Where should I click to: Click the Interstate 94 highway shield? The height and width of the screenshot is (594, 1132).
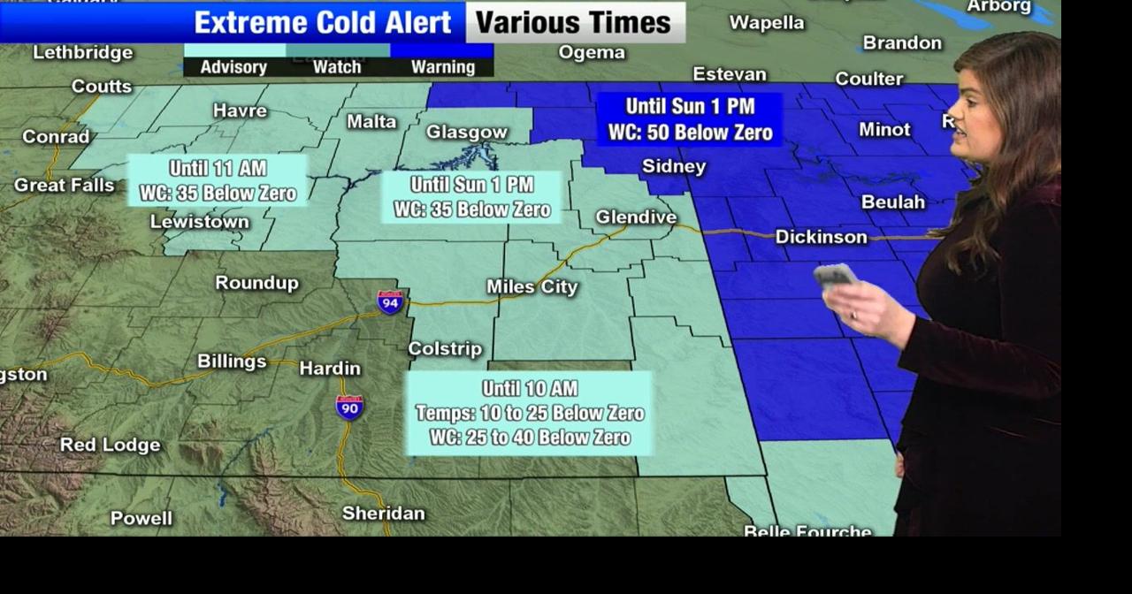pos(390,302)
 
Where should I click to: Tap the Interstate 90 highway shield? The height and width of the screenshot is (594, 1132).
pos(349,407)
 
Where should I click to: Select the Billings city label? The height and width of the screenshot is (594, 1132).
pos(232,362)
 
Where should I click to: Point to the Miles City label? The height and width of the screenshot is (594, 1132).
pos(532,287)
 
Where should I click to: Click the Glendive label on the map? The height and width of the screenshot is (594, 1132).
pos(636,217)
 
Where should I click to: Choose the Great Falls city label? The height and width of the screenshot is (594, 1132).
pos(64,186)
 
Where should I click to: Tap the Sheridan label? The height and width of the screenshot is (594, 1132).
pos(384,514)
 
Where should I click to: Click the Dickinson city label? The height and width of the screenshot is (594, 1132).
pos(821,237)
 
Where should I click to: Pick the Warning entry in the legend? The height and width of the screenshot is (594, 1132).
pos(442,67)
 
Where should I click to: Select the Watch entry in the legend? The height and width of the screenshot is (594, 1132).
pos(337,67)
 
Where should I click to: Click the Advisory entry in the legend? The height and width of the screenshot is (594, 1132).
pos(233,67)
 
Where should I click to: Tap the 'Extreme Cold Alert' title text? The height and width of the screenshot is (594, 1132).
pos(323,23)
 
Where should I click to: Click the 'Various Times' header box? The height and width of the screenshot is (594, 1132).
pos(574,23)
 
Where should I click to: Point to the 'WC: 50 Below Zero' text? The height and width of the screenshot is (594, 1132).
pos(691,133)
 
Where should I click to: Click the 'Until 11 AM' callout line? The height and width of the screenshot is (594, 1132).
pos(218,168)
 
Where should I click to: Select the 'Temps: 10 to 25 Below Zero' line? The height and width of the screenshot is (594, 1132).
pos(530,413)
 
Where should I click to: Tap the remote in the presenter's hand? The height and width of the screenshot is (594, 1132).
pos(835,276)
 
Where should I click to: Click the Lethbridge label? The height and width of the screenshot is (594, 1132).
pos(83,53)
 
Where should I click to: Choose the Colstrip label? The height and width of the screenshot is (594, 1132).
pos(445,349)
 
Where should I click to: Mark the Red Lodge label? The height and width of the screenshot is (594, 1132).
pos(110,445)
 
